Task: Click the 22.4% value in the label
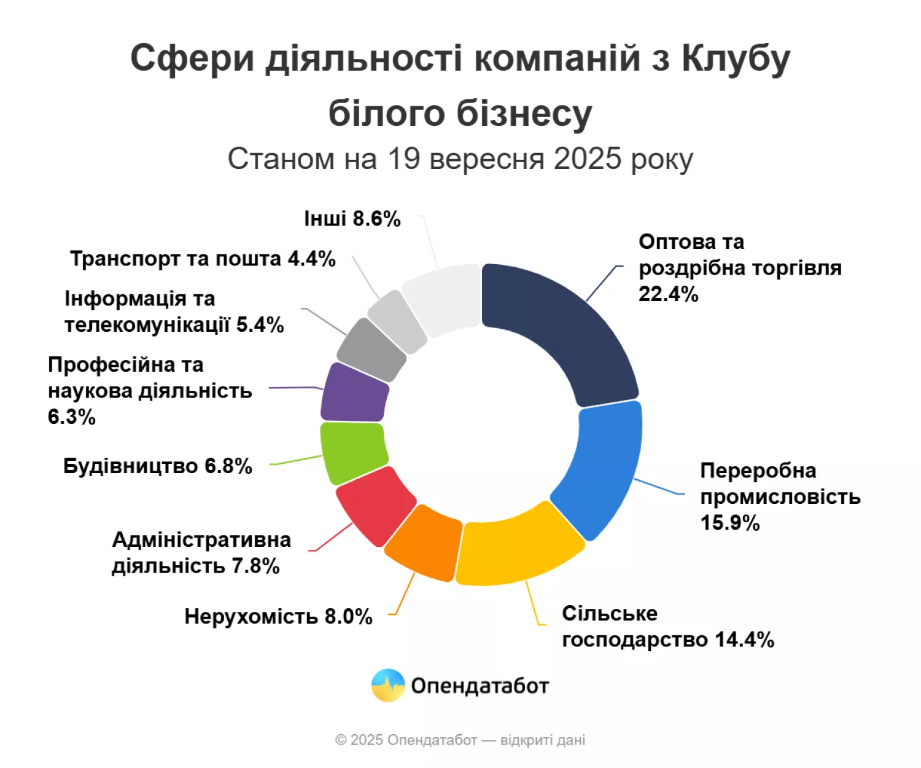click(668, 294)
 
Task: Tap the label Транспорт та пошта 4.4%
click(203, 259)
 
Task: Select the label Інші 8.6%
click(352, 219)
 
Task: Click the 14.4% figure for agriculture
click(744, 640)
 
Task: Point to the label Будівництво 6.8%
click(158, 466)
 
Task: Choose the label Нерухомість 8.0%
click(278, 616)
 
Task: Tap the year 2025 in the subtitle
click(588, 159)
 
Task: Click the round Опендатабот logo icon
click(388, 685)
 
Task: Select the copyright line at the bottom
click(460, 740)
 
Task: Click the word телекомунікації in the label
click(147, 324)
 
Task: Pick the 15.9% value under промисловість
click(729, 523)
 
